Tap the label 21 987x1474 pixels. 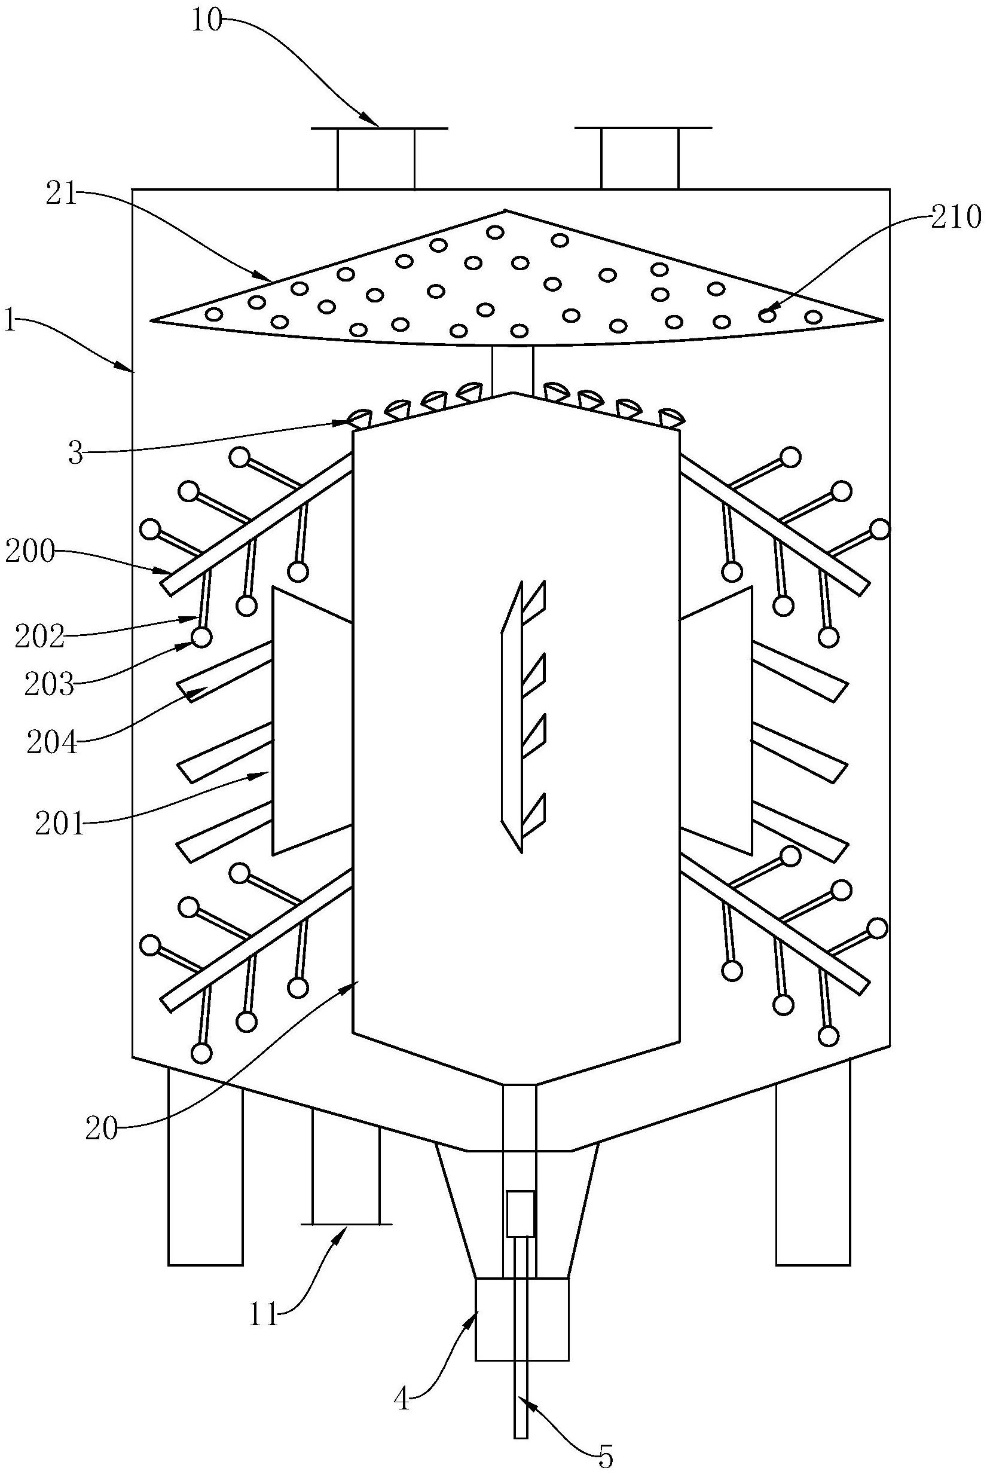point(60,195)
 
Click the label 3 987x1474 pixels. point(75,454)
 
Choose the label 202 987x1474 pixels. point(40,638)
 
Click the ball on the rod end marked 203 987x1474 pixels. point(201,638)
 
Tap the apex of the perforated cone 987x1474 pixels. point(505,210)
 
